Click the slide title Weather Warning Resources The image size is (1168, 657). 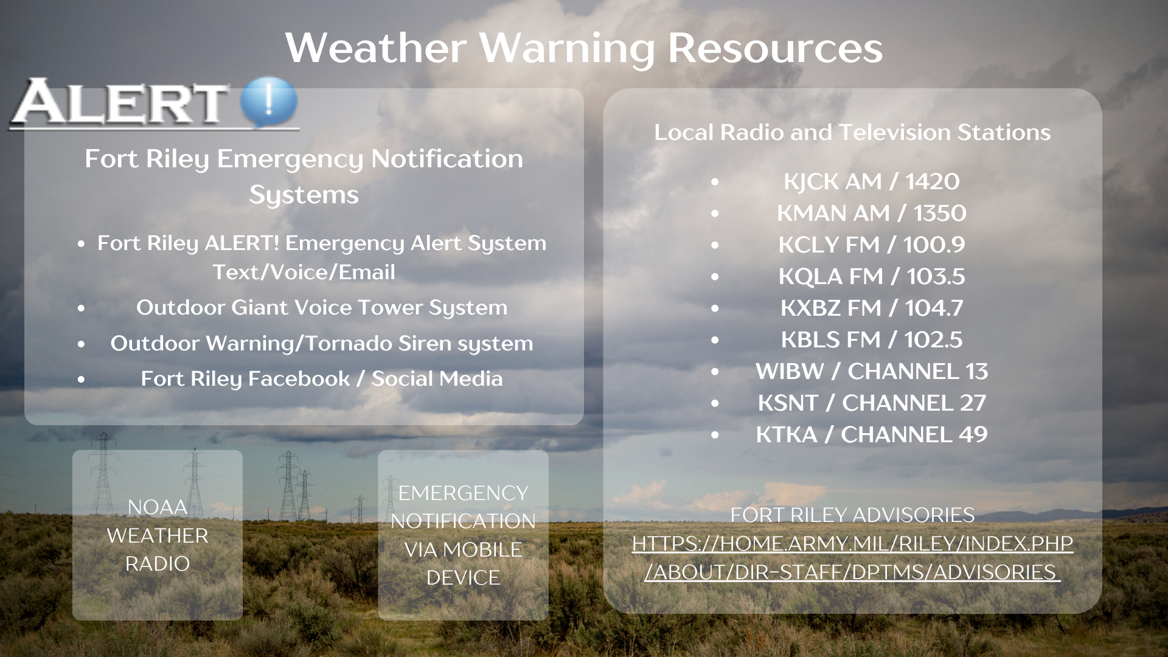coord(584,47)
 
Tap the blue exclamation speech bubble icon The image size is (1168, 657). coord(269,102)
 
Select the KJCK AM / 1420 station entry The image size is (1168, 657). coord(871,181)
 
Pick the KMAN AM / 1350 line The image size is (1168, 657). coord(871,213)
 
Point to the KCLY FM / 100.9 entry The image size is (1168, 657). coord(871,245)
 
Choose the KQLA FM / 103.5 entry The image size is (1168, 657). coord(871,276)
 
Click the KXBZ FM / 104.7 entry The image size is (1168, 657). coord(871,308)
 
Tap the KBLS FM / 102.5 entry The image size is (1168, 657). coord(871,339)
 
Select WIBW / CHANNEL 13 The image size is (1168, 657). coord(871,371)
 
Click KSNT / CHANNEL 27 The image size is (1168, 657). coord(871,403)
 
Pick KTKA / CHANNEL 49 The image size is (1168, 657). coord(871,434)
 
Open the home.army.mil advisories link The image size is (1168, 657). coord(852,558)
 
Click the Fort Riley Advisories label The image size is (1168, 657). coord(852,515)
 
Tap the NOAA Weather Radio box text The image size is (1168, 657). coord(158,535)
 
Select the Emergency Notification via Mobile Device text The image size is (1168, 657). coord(463,535)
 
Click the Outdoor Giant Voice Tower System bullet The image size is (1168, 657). coord(321,308)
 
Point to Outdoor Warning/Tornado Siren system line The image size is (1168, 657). coord(321,343)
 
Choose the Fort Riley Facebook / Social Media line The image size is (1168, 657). coord(321,378)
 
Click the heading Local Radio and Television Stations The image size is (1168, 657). coord(852,132)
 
